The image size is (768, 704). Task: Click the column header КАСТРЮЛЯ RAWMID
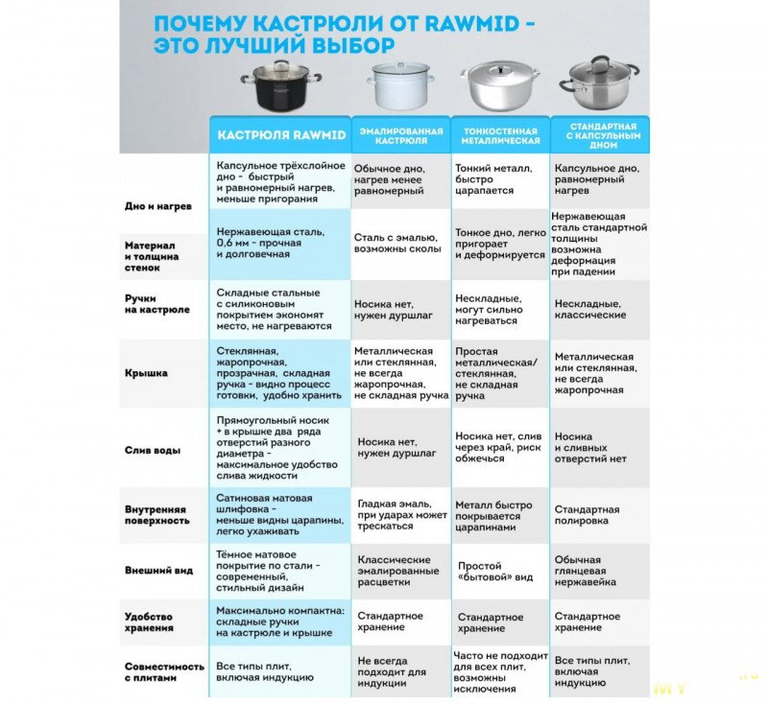[281, 135]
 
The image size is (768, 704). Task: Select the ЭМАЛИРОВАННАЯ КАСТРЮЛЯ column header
[401, 134]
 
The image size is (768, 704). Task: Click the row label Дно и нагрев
[158, 206]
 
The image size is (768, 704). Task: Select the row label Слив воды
[149, 449]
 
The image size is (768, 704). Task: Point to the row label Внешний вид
[159, 570]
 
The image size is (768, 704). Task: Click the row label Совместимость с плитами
[164, 671]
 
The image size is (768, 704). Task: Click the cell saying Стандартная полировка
[587, 515]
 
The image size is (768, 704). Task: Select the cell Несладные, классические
[589, 309]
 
